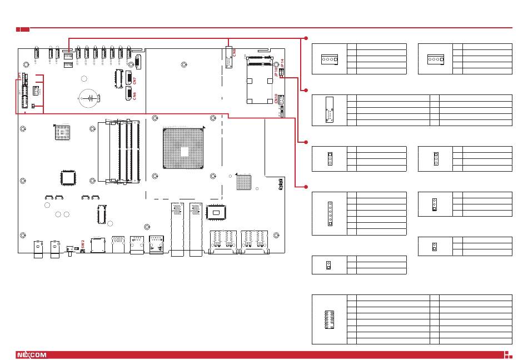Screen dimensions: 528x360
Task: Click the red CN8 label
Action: [x=235, y=53]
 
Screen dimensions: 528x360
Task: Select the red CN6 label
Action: [x=135, y=96]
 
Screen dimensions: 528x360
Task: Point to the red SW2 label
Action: [x=82, y=243]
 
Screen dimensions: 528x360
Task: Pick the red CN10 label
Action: [x=276, y=98]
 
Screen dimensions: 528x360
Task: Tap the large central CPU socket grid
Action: [x=183, y=148]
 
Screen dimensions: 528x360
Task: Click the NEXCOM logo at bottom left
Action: [x=31, y=354]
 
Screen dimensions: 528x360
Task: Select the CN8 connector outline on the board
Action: [x=229, y=57]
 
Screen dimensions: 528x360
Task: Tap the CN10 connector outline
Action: [x=281, y=99]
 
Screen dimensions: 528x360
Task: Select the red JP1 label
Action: [x=18, y=75]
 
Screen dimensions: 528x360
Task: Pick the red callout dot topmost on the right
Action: [x=305, y=38]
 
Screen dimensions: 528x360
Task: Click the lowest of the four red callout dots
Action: [x=305, y=185]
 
